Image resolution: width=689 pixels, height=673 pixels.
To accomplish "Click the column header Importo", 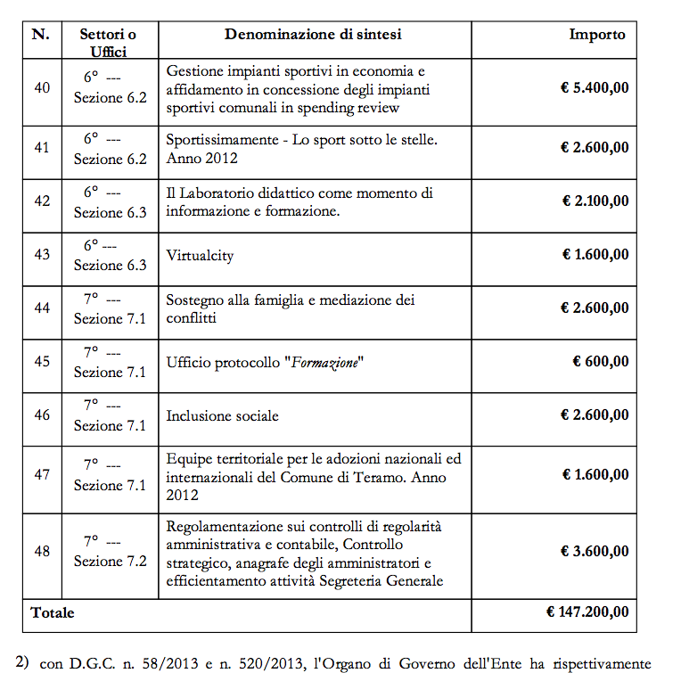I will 597,35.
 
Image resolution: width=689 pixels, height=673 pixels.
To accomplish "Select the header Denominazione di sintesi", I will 313,35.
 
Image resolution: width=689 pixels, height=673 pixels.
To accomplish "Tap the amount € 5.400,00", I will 595,87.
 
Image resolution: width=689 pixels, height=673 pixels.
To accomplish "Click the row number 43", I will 41,254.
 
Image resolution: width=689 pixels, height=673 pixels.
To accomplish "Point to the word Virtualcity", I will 200,255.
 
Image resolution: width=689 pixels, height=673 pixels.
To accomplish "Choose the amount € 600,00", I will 600,362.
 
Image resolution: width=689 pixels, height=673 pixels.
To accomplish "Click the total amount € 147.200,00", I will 587,612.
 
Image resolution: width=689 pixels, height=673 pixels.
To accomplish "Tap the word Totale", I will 53,612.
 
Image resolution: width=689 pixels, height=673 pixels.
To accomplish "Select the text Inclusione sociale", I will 222,415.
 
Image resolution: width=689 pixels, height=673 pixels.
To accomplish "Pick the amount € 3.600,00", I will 595,551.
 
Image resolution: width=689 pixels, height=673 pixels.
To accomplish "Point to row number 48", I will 41,551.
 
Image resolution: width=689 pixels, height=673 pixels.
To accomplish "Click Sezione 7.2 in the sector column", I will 110,561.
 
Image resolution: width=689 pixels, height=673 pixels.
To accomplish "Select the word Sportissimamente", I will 222,140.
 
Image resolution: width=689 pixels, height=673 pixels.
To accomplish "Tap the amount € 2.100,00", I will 595,201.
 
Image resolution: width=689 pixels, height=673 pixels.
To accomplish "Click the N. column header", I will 41,35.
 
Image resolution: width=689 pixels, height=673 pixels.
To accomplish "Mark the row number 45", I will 41,362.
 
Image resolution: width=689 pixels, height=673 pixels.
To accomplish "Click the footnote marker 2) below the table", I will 22,661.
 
